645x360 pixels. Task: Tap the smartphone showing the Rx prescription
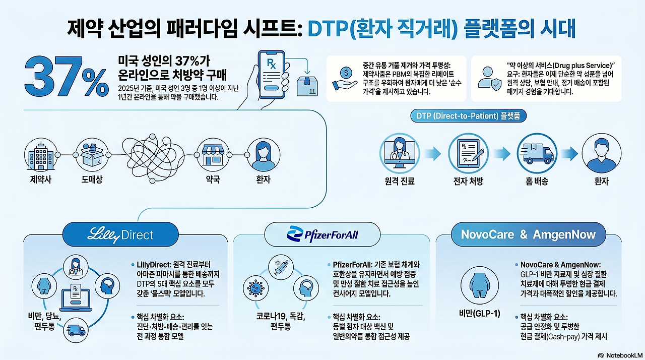pyautogui.click(x=271, y=75)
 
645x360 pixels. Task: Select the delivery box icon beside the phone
pyautogui.click(x=307, y=86)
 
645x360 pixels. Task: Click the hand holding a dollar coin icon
pyautogui.click(x=345, y=78)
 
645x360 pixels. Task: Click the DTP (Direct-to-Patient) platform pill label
pyautogui.click(x=468, y=116)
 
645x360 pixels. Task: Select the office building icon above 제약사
pyautogui.click(x=41, y=155)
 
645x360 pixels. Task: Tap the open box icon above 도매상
pyautogui.click(x=92, y=155)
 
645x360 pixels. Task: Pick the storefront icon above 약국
pyautogui.click(x=213, y=155)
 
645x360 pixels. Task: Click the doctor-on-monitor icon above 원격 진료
pyautogui.click(x=400, y=153)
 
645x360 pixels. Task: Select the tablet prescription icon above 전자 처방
pyautogui.click(x=468, y=153)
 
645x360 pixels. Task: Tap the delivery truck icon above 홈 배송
pyautogui.click(x=537, y=153)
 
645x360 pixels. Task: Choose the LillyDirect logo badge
pyautogui.click(x=120, y=234)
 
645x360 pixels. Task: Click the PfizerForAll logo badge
pyautogui.click(x=322, y=234)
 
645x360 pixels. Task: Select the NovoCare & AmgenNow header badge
pyautogui.click(x=529, y=234)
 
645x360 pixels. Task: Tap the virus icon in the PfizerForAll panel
pyautogui.click(x=255, y=288)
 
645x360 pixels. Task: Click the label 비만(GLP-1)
pyautogui.click(x=479, y=313)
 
